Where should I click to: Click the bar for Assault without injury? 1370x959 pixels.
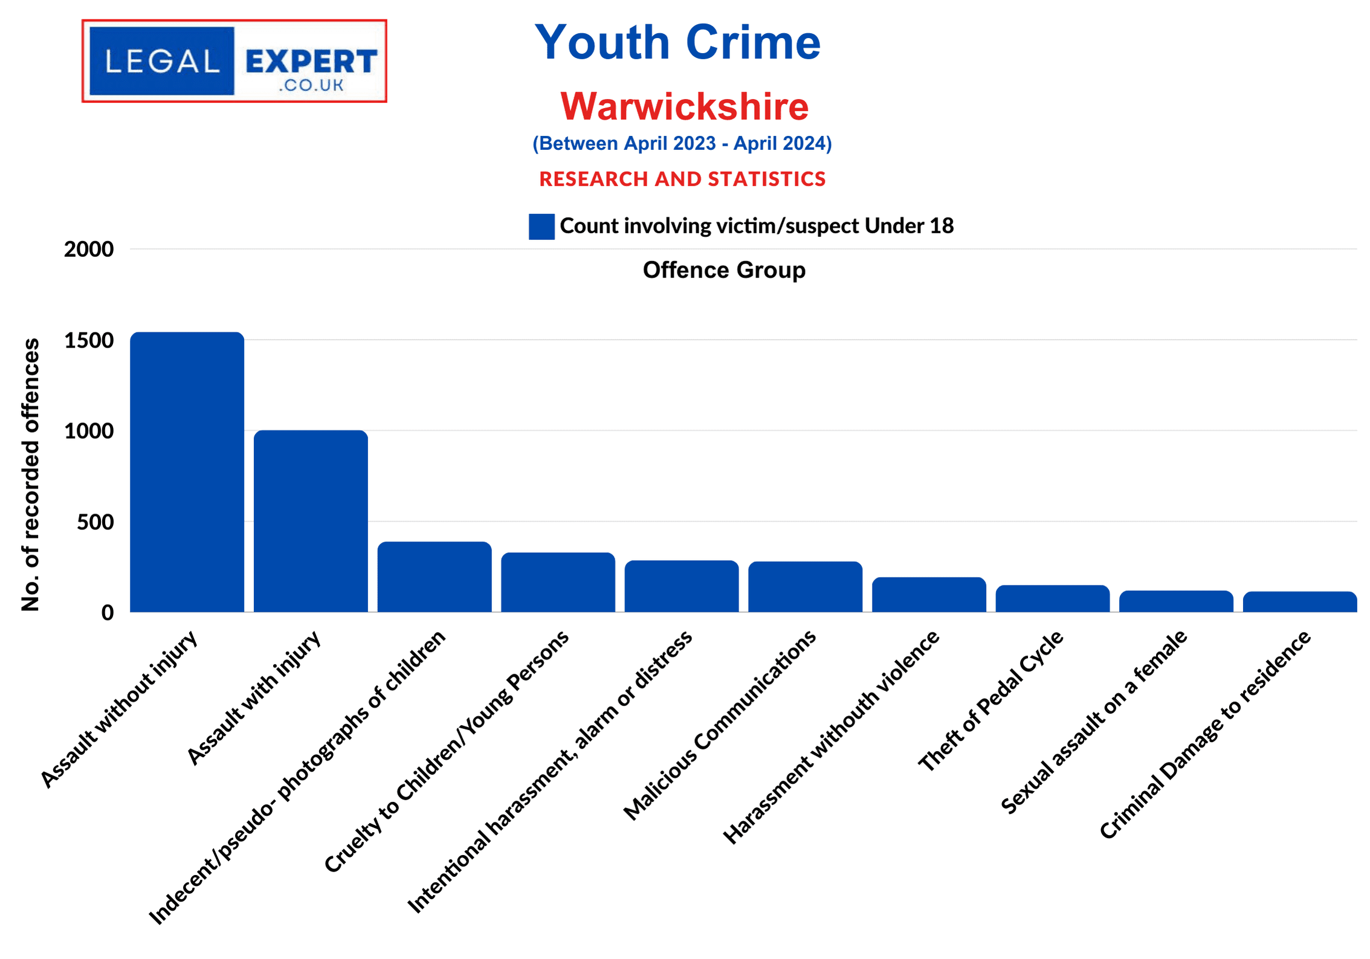[x=187, y=472]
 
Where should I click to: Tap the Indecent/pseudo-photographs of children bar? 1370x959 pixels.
[x=435, y=576]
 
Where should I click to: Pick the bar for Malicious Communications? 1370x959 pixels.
[x=805, y=587]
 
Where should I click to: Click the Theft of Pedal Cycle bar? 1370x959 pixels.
[x=1052, y=598]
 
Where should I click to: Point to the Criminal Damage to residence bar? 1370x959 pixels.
[x=1299, y=602]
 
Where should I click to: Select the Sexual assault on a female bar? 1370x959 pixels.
[x=1176, y=601]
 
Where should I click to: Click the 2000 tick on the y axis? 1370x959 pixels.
[x=89, y=249]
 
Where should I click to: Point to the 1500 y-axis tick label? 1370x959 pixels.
[x=89, y=340]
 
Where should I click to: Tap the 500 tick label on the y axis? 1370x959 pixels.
[x=95, y=522]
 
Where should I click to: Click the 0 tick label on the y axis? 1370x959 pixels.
[x=108, y=613]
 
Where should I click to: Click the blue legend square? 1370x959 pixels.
[x=541, y=227]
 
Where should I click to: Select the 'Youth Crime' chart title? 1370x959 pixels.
[x=677, y=42]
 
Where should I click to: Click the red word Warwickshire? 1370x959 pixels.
[x=684, y=106]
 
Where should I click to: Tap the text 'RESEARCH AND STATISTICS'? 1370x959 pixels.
[x=682, y=179]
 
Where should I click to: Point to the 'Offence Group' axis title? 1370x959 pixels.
[x=724, y=270]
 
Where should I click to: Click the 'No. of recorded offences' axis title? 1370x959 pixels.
[x=30, y=474]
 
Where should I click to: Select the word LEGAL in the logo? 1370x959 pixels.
[x=162, y=61]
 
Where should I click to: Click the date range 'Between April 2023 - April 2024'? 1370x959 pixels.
[x=682, y=143]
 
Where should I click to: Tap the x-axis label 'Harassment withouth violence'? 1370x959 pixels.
[x=832, y=737]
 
